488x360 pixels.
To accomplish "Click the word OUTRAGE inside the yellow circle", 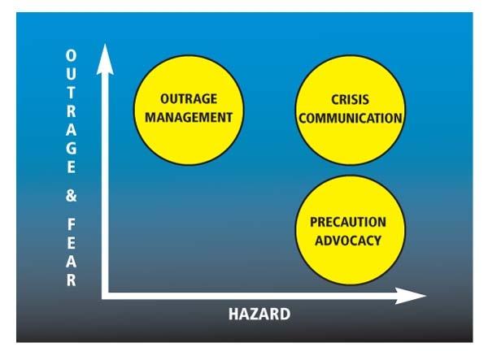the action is click(x=189, y=99).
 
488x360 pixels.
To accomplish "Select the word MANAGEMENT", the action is click(x=189, y=118).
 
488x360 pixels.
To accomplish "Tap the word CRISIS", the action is click(x=350, y=100).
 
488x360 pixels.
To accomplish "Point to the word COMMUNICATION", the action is click(x=351, y=118).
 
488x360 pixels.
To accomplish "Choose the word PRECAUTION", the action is click(x=348, y=222).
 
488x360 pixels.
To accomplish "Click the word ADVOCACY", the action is click(x=348, y=241).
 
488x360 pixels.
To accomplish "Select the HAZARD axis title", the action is click(x=259, y=314).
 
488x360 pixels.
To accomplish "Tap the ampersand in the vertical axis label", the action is click(x=72, y=196).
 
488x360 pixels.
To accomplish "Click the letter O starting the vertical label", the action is click(x=71, y=55).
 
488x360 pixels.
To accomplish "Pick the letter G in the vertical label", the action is click(x=72, y=148).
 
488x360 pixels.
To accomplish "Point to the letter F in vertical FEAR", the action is click(x=72, y=224).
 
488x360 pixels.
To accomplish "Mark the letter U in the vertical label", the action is click(x=71, y=74).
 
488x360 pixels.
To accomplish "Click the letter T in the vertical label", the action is click(x=71, y=93).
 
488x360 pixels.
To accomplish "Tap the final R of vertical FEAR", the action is click(x=72, y=280).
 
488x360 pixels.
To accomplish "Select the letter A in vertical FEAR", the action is click(x=72, y=262).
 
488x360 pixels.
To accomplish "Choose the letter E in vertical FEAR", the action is click(x=72, y=243).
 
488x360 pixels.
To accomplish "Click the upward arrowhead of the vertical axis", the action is click(x=105, y=59).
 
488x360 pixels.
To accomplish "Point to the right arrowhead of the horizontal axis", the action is click(x=411, y=296).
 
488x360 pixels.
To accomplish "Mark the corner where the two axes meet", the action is click(x=105, y=296).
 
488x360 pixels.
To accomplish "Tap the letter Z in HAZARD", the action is click(x=255, y=314).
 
